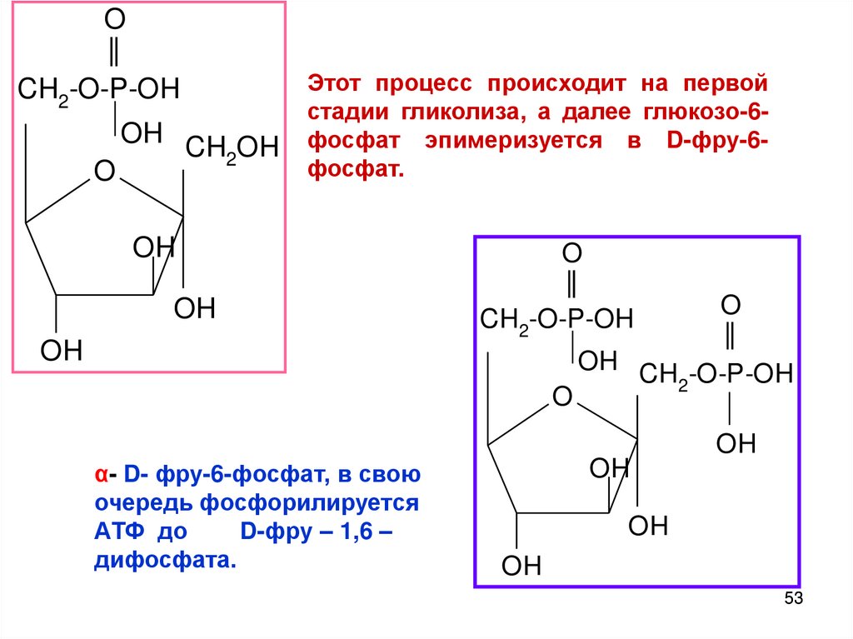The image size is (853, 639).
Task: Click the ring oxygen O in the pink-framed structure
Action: tap(104, 172)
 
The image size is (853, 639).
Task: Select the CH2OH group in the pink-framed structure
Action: tap(231, 149)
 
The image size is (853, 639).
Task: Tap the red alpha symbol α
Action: tap(99, 476)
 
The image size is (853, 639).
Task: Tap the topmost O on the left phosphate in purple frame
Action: tap(571, 252)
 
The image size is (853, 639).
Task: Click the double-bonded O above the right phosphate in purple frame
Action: tap(731, 304)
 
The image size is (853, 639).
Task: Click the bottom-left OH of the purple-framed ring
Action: tap(521, 567)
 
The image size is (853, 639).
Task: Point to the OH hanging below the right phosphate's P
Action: tap(736, 442)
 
